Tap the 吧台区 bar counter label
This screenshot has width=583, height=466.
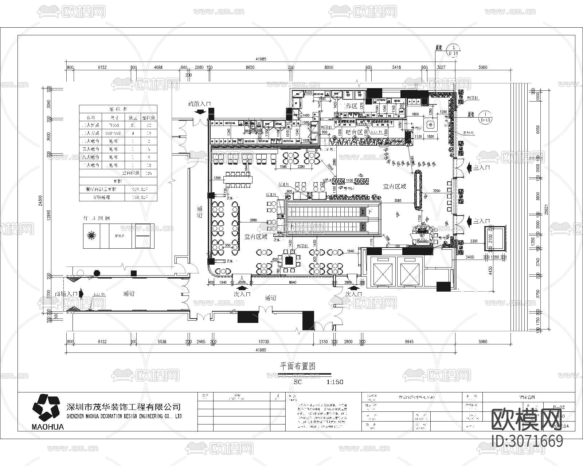(x=354, y=132)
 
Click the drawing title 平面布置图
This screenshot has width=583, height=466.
(x=297, y=366)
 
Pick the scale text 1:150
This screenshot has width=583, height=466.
(x=334, y=382)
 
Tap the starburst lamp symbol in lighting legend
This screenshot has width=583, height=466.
(x=91, y=236)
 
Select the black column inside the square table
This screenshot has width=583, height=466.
(x=289, y=260)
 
